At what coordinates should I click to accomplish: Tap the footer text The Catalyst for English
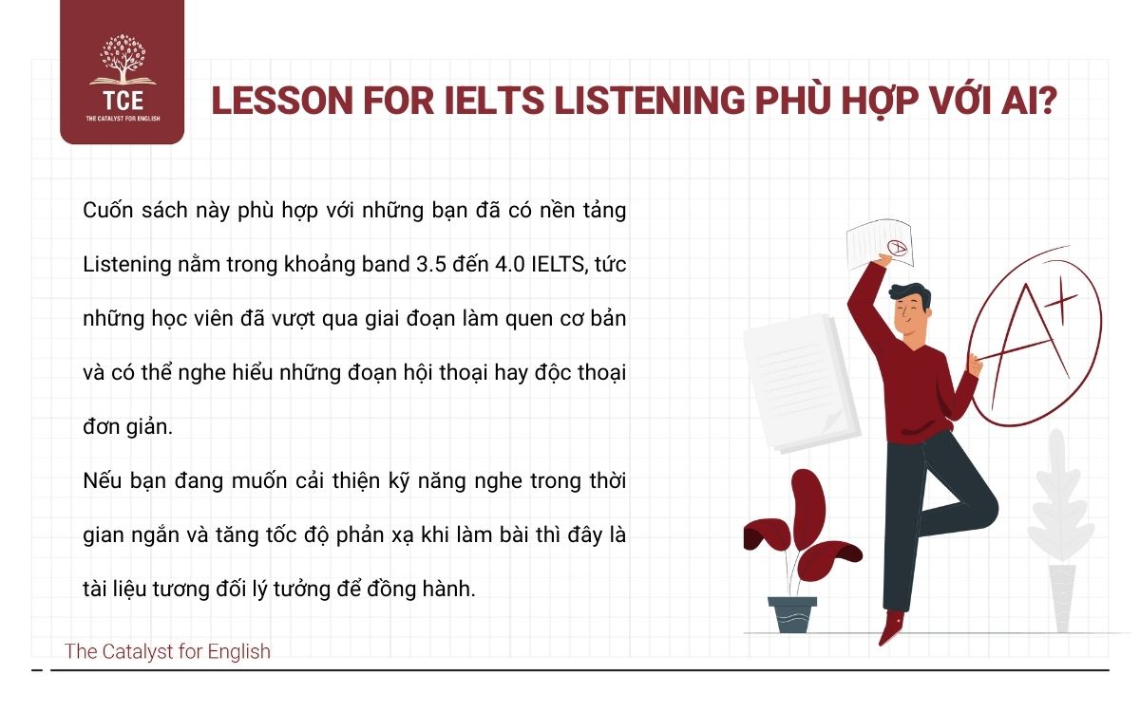point(167,651)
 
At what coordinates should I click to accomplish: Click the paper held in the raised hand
point(879,245)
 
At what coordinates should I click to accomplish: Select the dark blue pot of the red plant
point(792,613)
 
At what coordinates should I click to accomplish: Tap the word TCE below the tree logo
point(122,102)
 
